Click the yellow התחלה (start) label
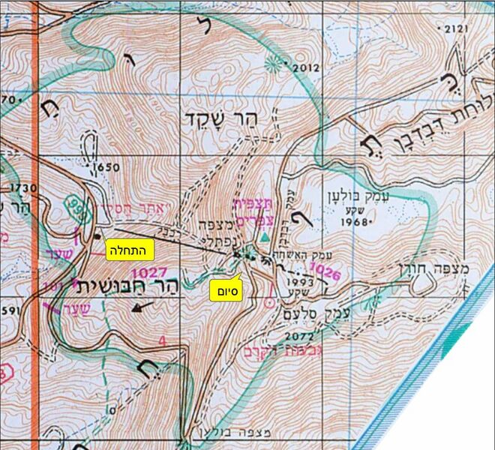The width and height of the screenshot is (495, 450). tap(131, 247)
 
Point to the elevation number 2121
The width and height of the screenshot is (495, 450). tap(455, 29)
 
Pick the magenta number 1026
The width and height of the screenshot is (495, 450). tap(324, 270)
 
